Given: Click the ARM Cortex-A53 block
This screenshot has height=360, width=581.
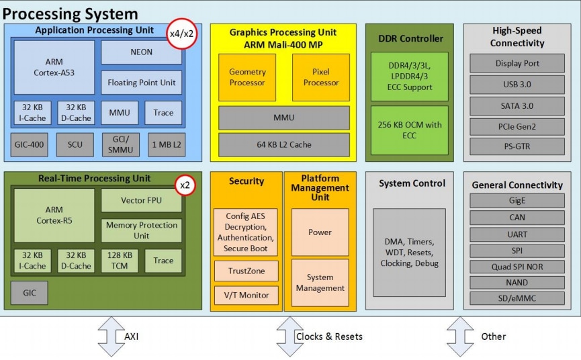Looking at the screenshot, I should coord(54,67).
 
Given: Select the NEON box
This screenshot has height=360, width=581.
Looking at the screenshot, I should coord(141,52).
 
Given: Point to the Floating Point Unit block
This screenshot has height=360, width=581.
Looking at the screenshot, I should coord(141,83).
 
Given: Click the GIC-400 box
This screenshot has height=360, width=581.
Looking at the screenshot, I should coord(28,144).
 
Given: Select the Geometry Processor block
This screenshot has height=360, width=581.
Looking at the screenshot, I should coord(247,77).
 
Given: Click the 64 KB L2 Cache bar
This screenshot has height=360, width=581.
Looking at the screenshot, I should coord(283,144).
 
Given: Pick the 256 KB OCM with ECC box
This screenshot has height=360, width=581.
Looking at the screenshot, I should coord(409,130).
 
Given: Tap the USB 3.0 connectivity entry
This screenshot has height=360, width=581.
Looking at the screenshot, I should coord(517,85).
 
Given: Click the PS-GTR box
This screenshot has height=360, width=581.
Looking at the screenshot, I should coord(517,146).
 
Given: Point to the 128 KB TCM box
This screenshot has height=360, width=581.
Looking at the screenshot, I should coord(121,261).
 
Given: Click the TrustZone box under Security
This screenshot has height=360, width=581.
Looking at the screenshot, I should coord(245,271).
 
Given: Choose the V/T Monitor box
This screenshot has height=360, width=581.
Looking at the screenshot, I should coord(245,295).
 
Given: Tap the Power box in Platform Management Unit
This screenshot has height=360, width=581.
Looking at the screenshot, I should coord(320,232).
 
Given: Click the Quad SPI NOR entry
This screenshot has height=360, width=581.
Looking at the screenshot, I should coord(517,267).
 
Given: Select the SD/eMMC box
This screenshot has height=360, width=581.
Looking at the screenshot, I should coord(517,298).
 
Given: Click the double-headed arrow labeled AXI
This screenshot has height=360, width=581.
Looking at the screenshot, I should coord(111,336).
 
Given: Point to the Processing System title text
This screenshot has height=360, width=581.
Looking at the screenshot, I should coord(71,13).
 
